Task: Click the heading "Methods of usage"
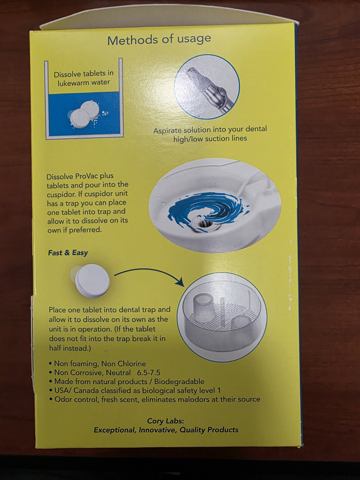pyautogui.click(x=159, y=39)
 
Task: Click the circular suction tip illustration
pyautogui.click(x=207, y=87)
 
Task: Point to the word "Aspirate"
pyautogui.click(x=167, y=130)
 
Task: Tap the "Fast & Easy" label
pyautogui.click(x=68, y=253)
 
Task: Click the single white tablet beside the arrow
pyautogui.click(x=92, y=280)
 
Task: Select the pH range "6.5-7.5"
pyautogui.click(x=148, y=372)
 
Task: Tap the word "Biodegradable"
pyautogui.click(x=179, y=382)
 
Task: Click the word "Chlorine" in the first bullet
pyautogui.click(x=132, y=364)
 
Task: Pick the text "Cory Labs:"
pyautogui.click(x=166, y=421)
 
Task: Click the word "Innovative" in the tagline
pyautogui.click(x=158, y=430)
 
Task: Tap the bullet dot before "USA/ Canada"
pyautogui.click(x=50, y=391)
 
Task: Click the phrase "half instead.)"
pyautogui.click(x=70, y=348)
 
